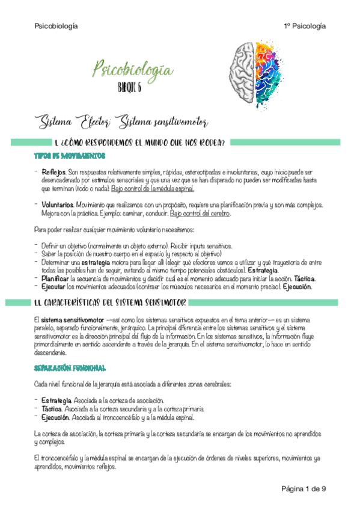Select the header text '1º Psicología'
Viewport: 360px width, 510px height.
click(305, 26)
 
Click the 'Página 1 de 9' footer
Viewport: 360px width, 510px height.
click(304, 488)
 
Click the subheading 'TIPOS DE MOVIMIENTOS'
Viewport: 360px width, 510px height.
click(69, 156)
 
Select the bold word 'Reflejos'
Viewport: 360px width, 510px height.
click(53, 172)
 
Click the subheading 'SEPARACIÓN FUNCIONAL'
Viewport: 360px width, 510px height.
click(70, 367)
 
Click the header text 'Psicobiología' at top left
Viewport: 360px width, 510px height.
click(56, 26)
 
